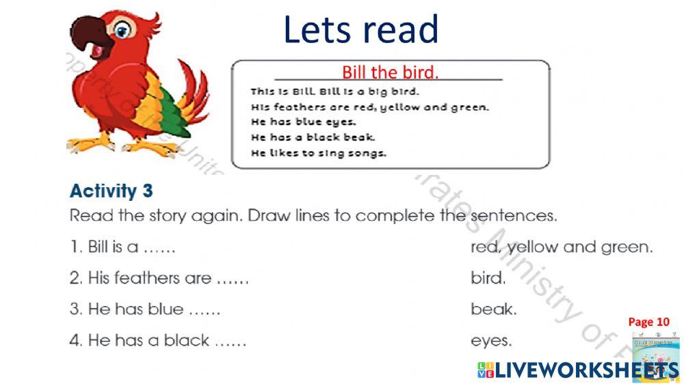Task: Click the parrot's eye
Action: tap(123, 31)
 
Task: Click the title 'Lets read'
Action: tap(360, 30)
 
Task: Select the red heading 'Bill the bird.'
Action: tap(390, 72)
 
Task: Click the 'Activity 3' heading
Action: tap(111, 190)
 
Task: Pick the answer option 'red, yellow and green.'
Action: tap(562, 247)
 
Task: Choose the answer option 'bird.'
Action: tap(488, 278)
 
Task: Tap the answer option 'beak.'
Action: tap(493, 310)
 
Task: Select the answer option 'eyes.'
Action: tap(491, 340)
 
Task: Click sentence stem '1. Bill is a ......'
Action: tap(123, 247)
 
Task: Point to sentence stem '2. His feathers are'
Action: tap(159, 278)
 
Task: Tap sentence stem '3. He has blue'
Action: tap(145, 310)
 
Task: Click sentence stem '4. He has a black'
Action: tap(157, 340)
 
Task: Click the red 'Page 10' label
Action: tap(648, 322)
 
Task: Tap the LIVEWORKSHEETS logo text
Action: tap(578, 370)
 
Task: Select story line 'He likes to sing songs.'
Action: tap(319, 153)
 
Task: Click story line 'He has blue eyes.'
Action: tap(304, 122)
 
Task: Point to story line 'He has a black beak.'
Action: tap(313, 137)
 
